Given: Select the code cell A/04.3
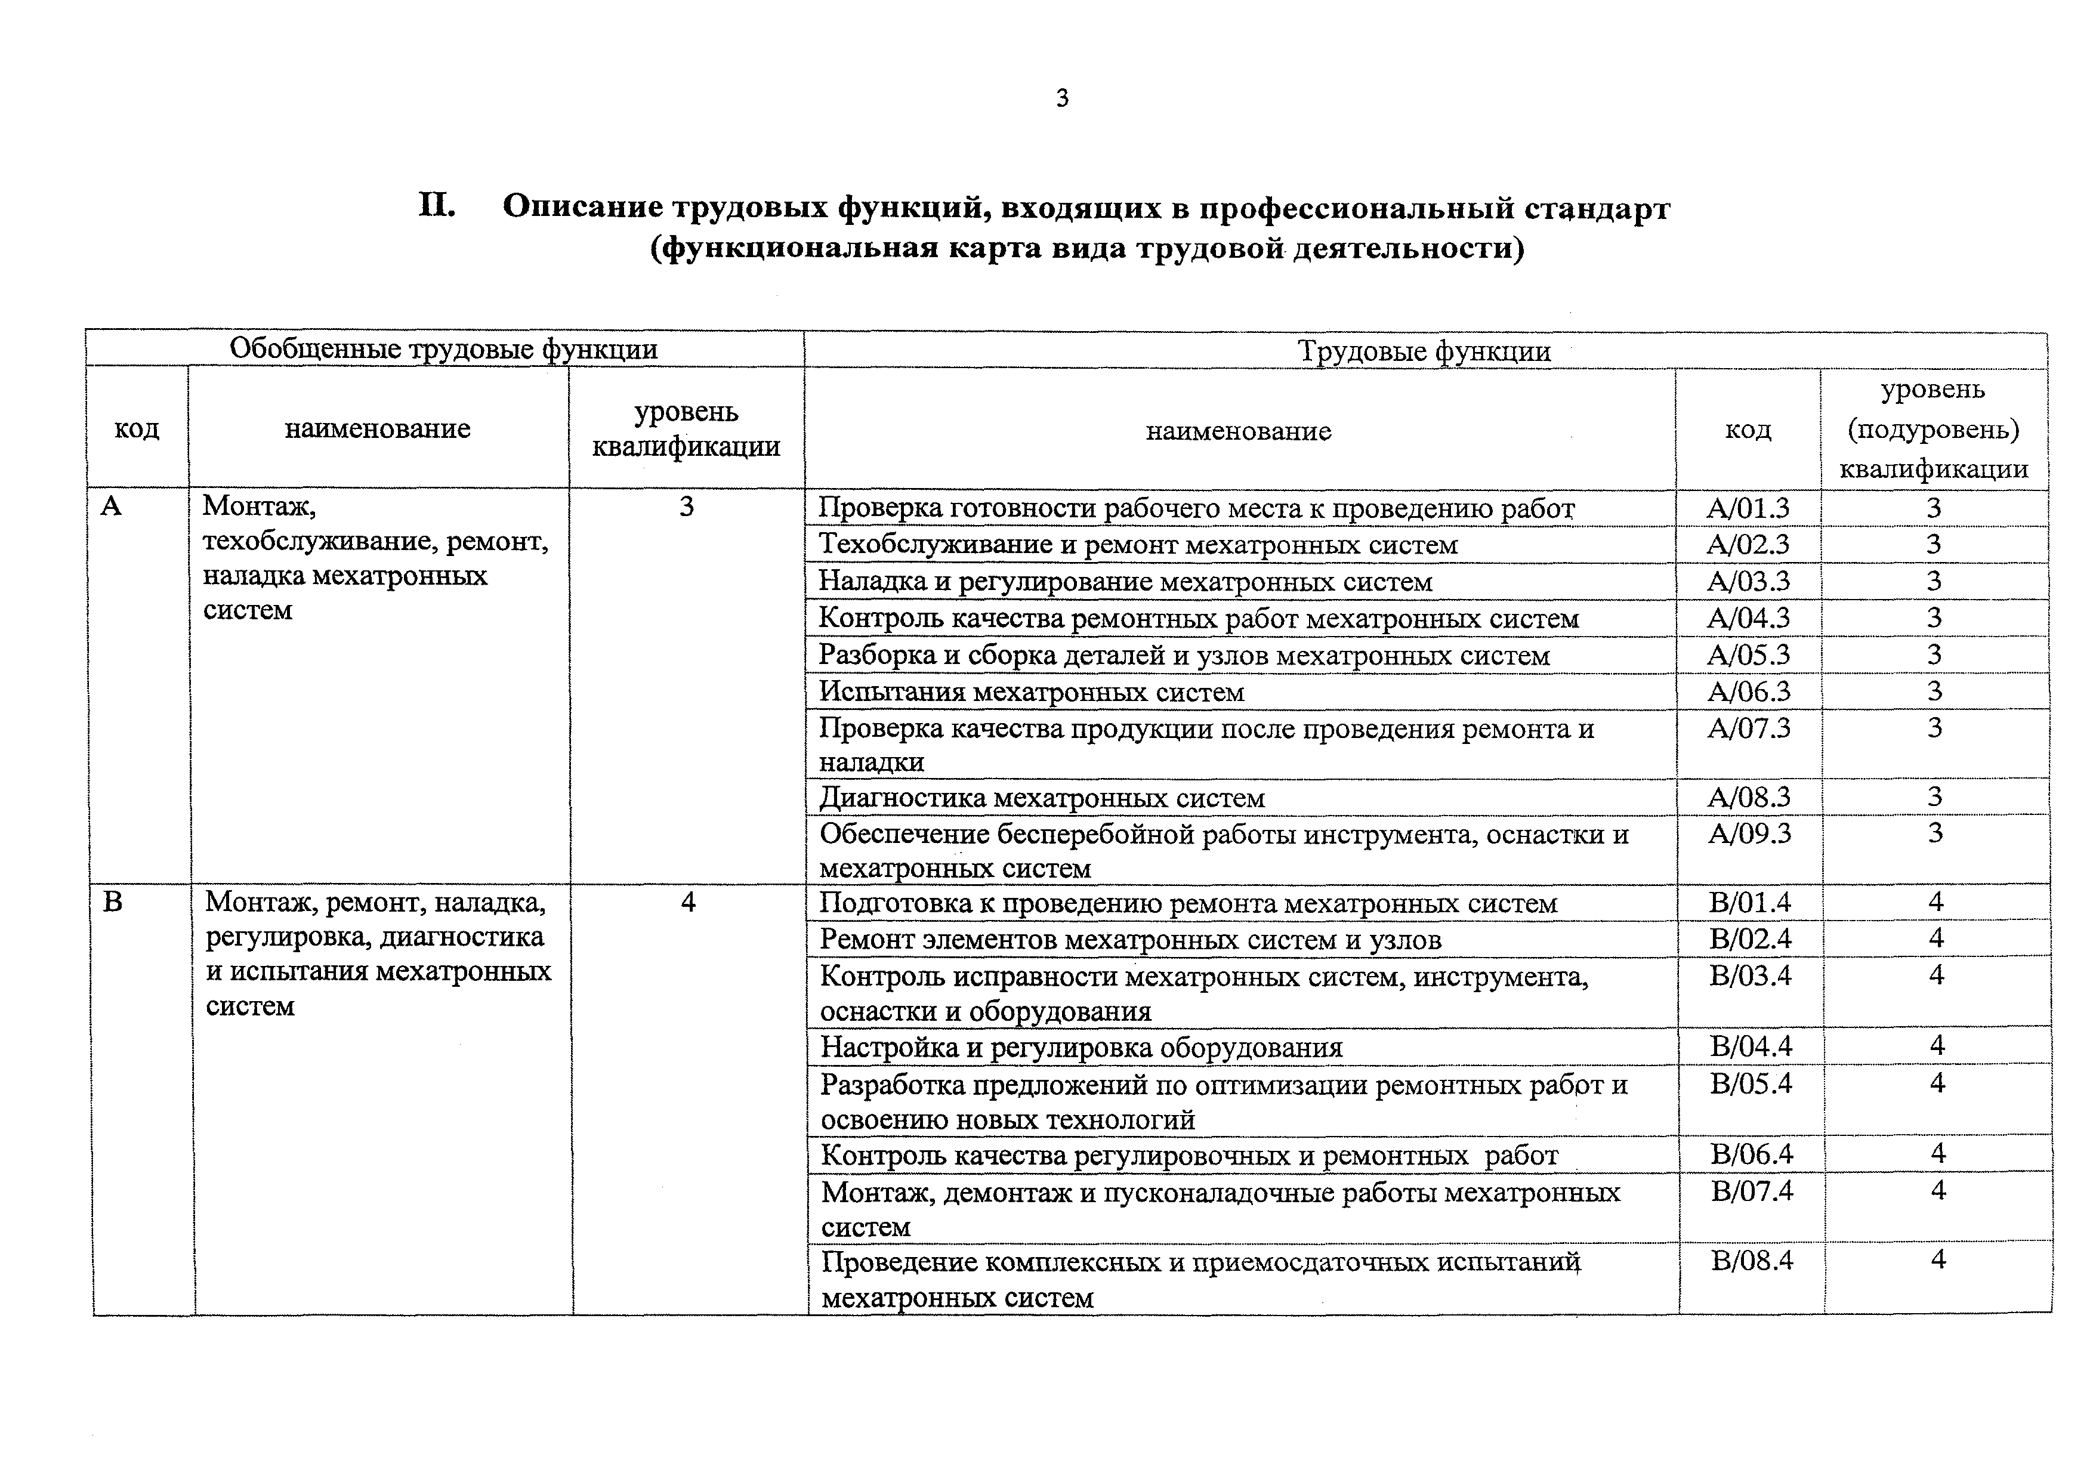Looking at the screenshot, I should (x=1748, y=618).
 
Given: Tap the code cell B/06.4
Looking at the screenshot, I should (x=1751, y=1154).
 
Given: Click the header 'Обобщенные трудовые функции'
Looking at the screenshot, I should (x=443, y=349).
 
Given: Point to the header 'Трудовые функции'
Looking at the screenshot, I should (x=1424, y=351).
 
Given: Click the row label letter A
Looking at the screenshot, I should (x=110, y=506).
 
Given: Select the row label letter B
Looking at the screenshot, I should (x=113, y=902).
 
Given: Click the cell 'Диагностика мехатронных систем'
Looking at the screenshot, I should (x=1041, y=798).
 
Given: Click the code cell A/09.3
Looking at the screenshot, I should (x=1748, y=833).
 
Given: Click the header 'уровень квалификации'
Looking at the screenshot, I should (x=686, y=428).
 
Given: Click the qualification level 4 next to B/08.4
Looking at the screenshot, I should (x=1937, y=1259).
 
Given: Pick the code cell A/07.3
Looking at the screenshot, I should (x=1748, y=727).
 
